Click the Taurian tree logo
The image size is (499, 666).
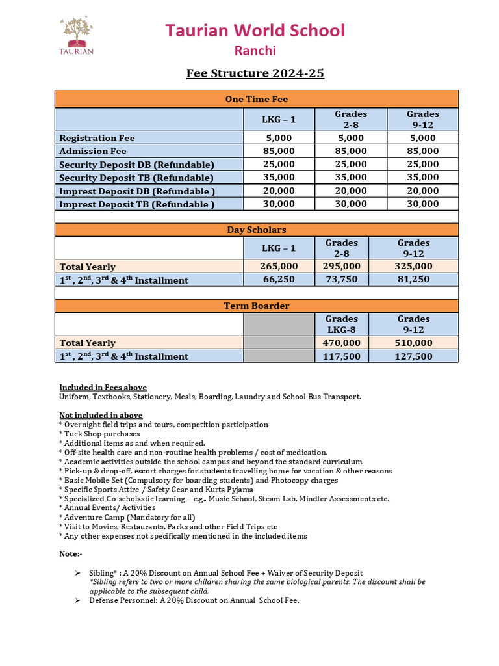point(77,36)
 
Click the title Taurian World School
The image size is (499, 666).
point(255,31)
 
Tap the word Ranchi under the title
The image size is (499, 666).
point(255,51)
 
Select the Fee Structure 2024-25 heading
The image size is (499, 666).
point(255,73)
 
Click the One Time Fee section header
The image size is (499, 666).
point(256,99)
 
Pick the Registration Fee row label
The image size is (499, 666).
point(97,138)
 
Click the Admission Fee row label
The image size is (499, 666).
point(93,151)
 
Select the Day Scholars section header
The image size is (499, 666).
point(256,230)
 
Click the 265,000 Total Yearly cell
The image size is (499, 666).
point(279,266)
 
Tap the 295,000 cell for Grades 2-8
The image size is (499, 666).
point(341,266)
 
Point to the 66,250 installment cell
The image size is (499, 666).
point(279,280)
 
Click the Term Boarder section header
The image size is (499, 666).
point(256,306)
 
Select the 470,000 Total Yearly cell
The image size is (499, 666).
point(341,343)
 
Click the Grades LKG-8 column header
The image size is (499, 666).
point(341,325)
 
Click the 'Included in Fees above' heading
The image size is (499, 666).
point(103,387)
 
